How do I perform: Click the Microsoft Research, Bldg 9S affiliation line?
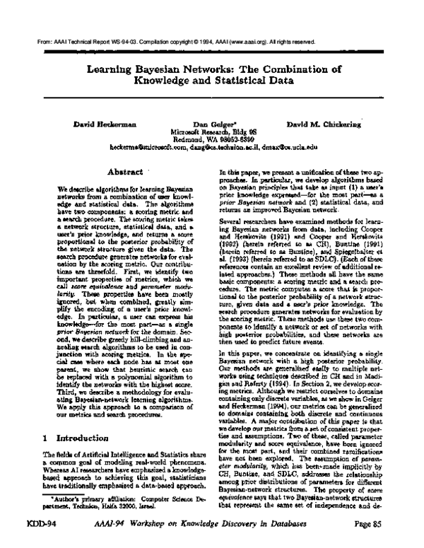pos(211,132)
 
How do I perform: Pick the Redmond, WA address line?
pos(211,139)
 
